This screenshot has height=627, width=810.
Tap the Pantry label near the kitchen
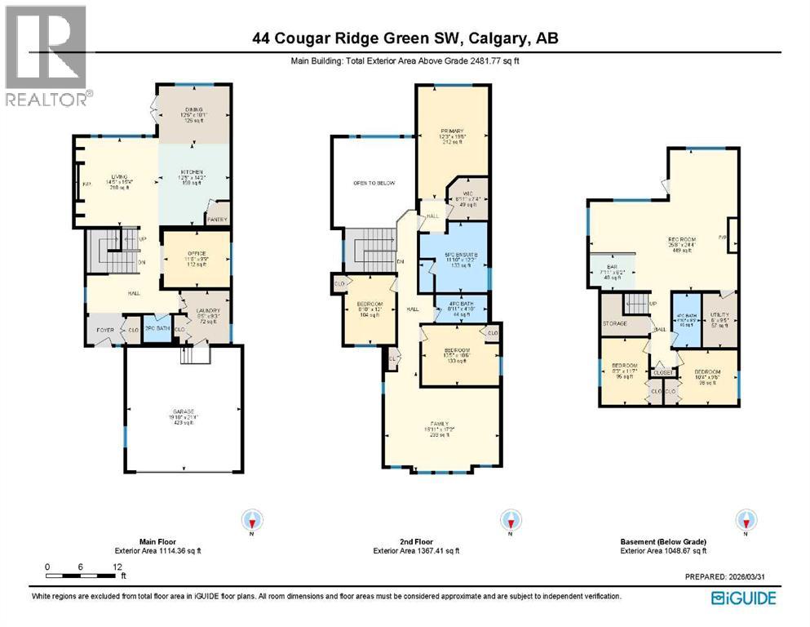[x=217, y=219]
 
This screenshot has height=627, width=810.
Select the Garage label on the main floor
[x=182, y=411]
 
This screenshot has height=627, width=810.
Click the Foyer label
[x=105, y=331]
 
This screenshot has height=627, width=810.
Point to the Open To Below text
[x=373, y=182]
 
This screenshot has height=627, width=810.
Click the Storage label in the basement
[x=614, y=323]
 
